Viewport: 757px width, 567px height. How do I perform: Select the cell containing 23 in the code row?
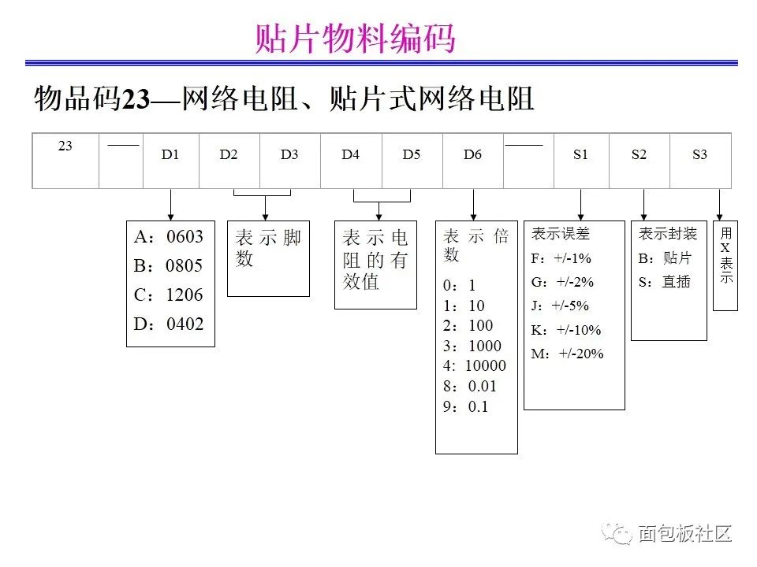pos(65,161)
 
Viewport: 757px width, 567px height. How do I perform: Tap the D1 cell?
pos(170,161)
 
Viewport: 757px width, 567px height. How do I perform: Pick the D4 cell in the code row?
pos(351,161)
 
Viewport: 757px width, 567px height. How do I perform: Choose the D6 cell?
pos(472,161)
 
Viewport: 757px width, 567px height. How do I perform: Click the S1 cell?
pos(581,161)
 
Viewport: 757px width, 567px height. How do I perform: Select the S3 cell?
pos(699,161)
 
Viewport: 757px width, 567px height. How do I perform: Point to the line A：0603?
pos(169,237)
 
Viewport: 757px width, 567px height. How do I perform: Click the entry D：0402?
pos(169,324)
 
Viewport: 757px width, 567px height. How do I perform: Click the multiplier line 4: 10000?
pos(475,365)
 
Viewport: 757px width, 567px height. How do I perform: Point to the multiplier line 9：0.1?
pos(466,406)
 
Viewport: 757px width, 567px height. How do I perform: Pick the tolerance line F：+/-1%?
pos(561,258)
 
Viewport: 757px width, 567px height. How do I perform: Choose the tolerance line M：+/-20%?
pos(567,354)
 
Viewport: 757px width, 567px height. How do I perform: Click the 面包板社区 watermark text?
pos(684,533)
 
